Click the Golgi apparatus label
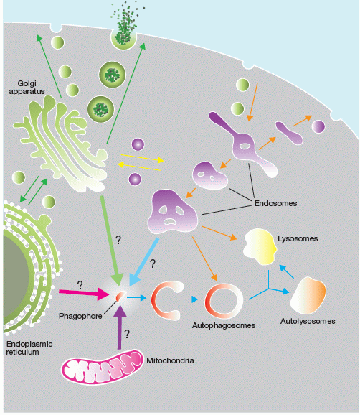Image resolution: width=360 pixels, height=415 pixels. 27,88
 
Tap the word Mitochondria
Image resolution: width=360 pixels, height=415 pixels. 170,360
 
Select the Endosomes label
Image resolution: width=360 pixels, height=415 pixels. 275,203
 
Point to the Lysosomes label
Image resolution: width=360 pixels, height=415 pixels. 298,238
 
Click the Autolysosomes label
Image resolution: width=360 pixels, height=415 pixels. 308,321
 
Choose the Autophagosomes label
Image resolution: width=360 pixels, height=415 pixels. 224,325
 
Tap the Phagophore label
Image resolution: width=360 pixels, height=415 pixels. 80,316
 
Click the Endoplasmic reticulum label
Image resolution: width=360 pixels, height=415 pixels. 29,348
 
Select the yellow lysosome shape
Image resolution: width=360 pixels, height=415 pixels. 260,247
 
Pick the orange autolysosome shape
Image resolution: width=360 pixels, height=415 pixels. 308,295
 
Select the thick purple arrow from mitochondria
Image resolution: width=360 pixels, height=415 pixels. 120,327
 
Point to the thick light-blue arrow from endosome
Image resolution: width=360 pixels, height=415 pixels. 144,261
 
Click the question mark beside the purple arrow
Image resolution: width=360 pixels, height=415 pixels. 127,334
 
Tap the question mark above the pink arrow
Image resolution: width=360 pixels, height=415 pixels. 80,285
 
